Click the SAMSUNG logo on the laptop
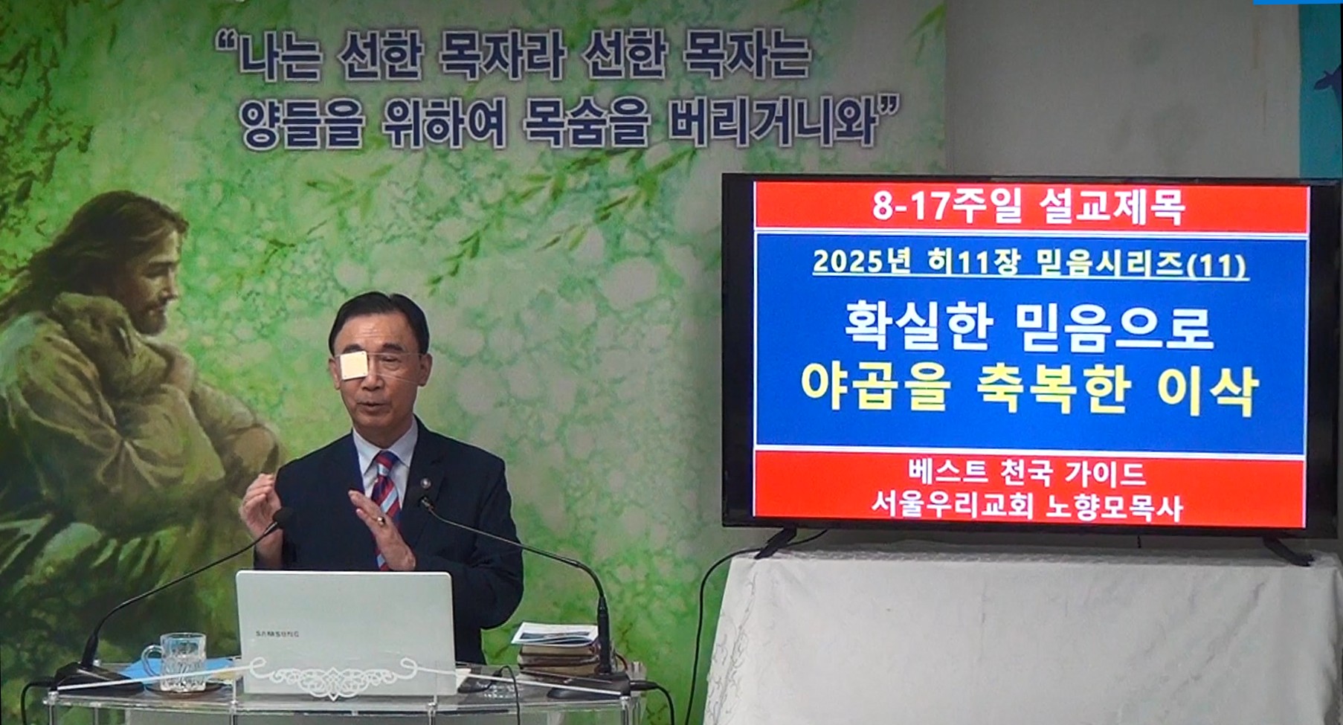pyautogui.click(x=277, y=634)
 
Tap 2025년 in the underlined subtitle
pyautogui.click(x=863, y=262)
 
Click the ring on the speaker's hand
pyautogui.click(x=381, y=520)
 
